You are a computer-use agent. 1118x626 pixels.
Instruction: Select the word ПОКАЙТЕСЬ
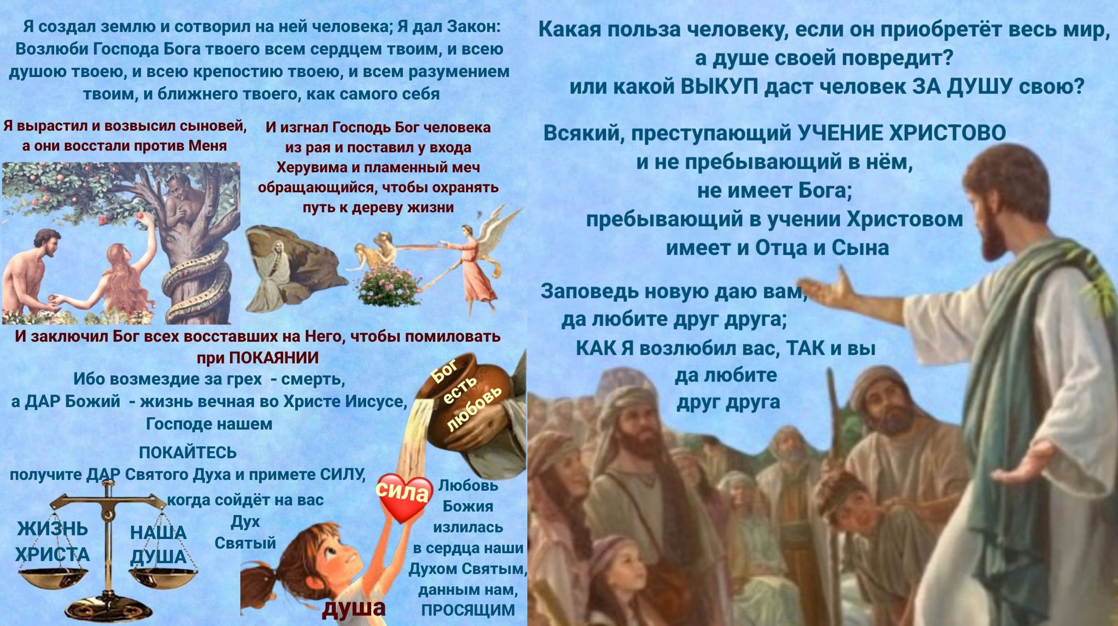coord(187,452)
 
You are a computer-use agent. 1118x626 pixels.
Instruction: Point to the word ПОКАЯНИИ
coord(273,358)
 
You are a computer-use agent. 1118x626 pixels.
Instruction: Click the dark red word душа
coord(354,607)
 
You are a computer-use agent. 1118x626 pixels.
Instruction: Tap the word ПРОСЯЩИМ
coord(468,610)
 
